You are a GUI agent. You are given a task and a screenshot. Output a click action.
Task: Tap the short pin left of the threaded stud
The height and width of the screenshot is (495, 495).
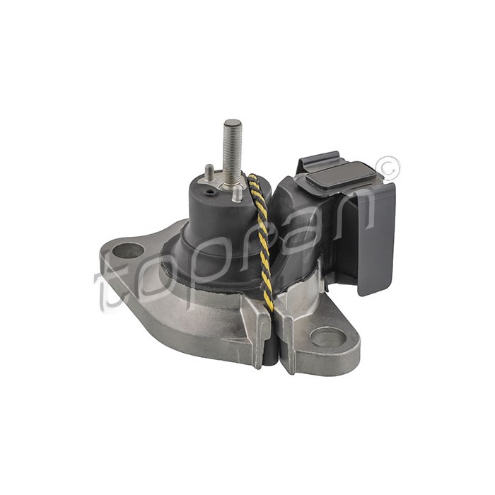[x=210, y=170]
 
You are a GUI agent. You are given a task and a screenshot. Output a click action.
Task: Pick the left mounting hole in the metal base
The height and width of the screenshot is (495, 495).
[x=129, y=250]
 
